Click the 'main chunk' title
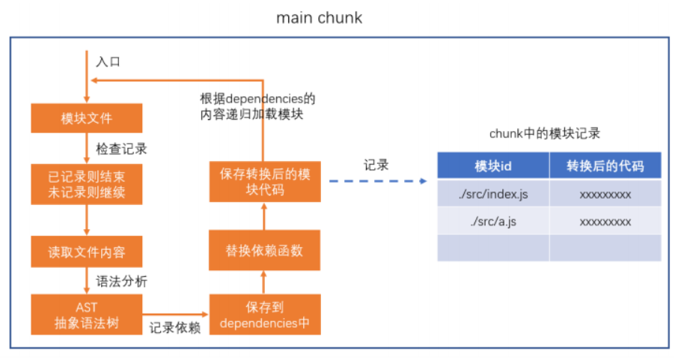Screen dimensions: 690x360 pos(319,18)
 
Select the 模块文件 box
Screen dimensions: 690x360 pos(87,118)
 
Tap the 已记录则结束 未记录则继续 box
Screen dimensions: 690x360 pos(87,184)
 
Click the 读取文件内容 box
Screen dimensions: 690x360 pos(87,251)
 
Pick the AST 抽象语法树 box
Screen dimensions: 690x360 pos(87,314)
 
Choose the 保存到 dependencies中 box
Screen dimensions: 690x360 pos(265,314)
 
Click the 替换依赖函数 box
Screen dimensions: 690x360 pos(264,250)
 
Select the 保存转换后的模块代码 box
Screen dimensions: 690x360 pos(265,182)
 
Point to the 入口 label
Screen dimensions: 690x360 pos(109,61)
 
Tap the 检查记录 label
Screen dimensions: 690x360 pos(121,149)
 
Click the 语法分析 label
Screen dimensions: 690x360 pos(121,281)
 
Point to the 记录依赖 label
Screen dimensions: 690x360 pos(174,327)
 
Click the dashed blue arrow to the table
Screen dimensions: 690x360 pos(378,181)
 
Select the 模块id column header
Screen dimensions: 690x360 pos(493,165)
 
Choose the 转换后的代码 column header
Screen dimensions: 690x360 pos(605,165)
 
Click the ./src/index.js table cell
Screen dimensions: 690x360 pos(493,194)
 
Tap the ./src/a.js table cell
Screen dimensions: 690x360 pos(493,221)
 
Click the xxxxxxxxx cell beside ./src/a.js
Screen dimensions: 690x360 pos(605,221)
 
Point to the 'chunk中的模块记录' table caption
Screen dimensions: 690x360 pos(545,133)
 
